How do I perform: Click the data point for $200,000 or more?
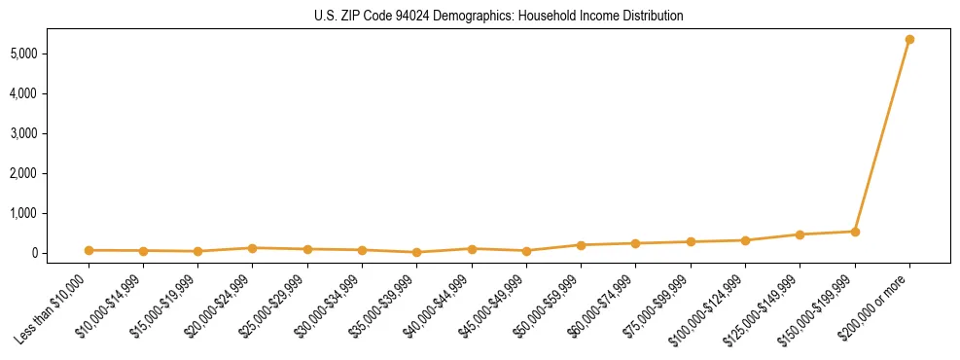[909, 40]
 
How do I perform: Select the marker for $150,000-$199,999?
[855, 232]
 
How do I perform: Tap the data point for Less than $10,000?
[89, 250]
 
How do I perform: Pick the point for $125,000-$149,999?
[800, 234]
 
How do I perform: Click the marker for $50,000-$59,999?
[581, 245]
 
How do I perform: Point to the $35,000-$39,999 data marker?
[416, 252]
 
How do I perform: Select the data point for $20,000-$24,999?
[253, 248]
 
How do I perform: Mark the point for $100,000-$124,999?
[745, 240]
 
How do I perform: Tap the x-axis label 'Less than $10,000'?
[54, 308]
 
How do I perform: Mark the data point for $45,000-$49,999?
[526, 251]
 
